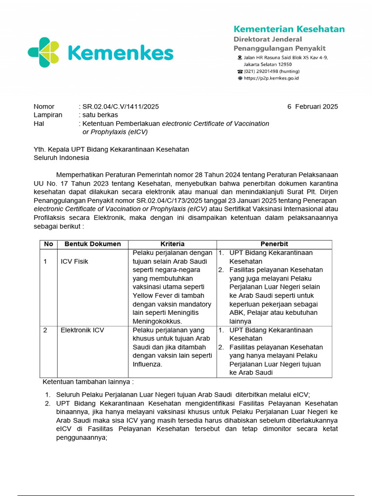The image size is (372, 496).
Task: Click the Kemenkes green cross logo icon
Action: point(44,52)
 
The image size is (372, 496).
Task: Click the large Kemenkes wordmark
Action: point(120,53)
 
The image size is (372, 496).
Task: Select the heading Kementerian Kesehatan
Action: point(289,29)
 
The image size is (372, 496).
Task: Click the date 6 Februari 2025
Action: point(312,107)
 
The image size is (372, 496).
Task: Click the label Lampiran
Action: point(47,115)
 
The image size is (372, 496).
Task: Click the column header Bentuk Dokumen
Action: point(93,244)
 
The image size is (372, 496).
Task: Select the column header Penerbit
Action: point(274,244)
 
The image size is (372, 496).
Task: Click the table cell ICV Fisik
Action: point(74,262)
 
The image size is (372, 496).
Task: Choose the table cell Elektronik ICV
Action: point(82,330)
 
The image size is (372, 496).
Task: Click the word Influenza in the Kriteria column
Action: point(148,364)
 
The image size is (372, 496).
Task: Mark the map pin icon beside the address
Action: point(239,58)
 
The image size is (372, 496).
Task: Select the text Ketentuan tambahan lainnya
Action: point(88,382)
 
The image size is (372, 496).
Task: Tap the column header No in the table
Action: point(48,244)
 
